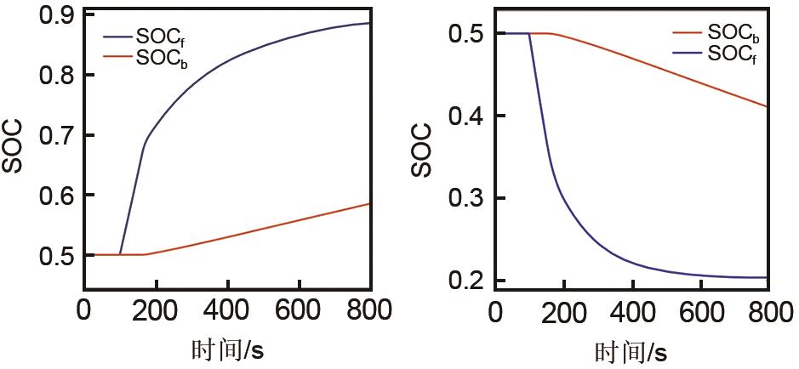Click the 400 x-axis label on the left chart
click(227, 310)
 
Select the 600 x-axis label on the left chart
click(299, 310)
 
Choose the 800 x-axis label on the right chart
click(768, 311)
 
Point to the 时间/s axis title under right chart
click(631, 349)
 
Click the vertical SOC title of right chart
click(423, 151)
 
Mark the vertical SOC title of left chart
click(13, 147)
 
